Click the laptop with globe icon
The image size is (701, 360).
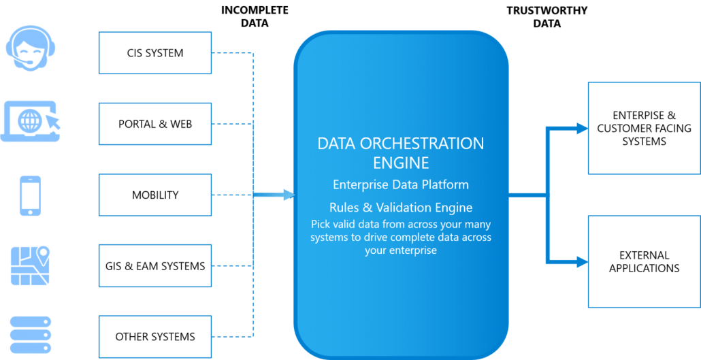[x=31, y=121]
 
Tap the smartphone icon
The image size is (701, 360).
[x=31, y=195]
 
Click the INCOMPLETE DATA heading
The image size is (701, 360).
[x=255, y=16]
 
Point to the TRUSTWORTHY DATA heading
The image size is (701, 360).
[x=547, y=16]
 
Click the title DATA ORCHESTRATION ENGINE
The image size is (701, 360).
[x=401, y=153]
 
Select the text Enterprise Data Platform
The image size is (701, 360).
[x=401, y=184]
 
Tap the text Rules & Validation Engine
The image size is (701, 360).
[x=401, y=208]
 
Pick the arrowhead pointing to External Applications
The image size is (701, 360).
[x=582, y=261]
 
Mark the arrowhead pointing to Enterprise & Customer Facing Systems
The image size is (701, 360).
[x=582, y=129]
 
